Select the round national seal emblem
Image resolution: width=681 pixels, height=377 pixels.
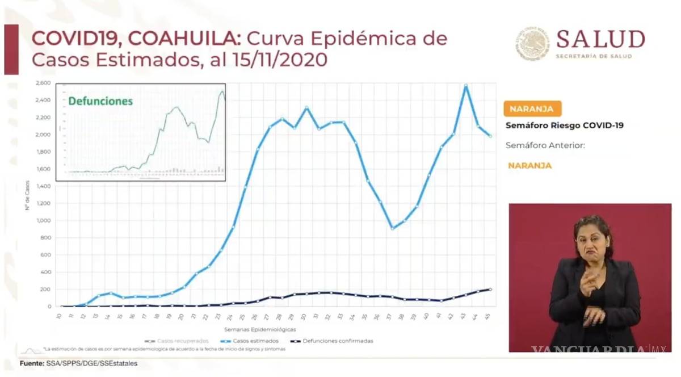[x=532, y=43]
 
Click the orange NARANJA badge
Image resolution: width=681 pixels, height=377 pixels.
[x=532, y=109]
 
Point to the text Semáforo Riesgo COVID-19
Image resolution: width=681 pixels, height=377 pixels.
[x=564, y=125]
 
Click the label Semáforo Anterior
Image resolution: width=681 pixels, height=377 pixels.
[x=545, y=145]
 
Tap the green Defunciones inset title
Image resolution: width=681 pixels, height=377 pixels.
[x=100, y=101]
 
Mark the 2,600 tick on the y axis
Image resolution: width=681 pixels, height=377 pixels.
[x=44, y=83]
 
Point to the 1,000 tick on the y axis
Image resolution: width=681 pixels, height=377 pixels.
[x=44, y=221]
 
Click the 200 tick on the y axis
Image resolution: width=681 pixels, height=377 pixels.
[x=46, y=290]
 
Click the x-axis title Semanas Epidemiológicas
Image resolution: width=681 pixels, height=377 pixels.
[x=259, y=329]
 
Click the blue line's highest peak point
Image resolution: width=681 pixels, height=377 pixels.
[x=466, y=85]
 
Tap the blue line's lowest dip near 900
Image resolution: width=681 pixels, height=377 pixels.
[x=392, y=228]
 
